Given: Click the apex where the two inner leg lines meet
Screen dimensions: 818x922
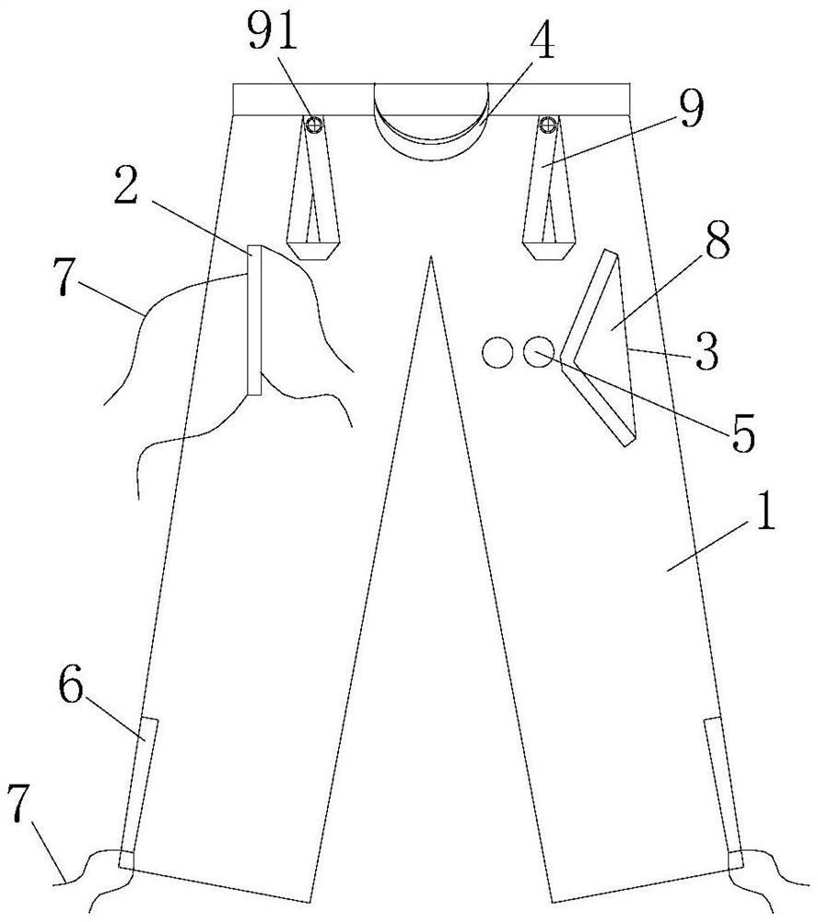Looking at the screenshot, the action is click(431, 256).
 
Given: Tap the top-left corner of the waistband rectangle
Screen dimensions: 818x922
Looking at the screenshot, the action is click(233, 84).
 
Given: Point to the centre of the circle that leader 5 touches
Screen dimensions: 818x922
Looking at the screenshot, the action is click(538, 352).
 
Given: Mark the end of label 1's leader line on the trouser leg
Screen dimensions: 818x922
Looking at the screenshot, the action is click(666, 570).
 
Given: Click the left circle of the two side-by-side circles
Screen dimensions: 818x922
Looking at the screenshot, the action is click(497, 353).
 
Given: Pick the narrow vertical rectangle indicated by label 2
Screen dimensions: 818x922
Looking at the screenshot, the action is click(254, 320).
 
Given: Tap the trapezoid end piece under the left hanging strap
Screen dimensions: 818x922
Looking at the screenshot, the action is click(313, 251).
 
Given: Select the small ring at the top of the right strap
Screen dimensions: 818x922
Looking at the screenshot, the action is click(548, 124).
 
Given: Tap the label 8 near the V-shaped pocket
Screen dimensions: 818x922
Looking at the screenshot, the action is click(718, 242).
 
